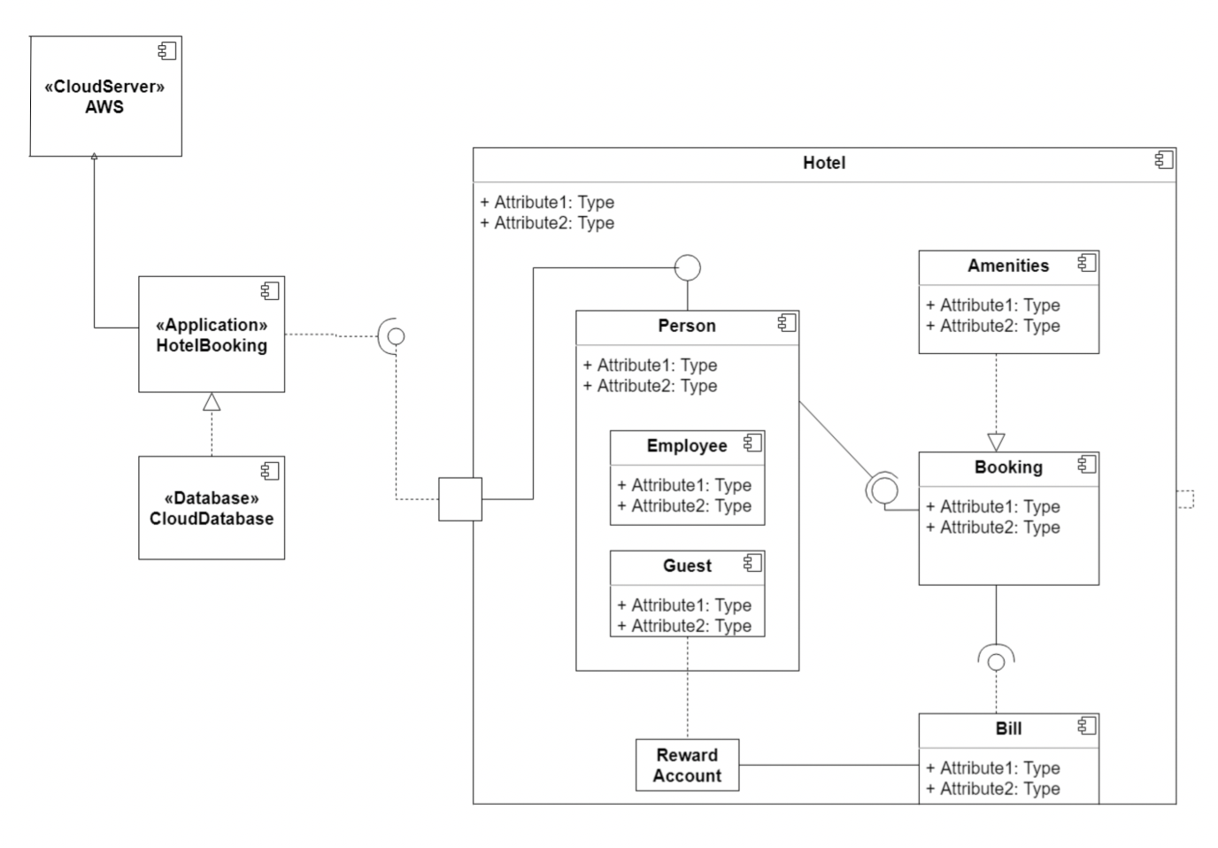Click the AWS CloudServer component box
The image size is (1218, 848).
[105, 96]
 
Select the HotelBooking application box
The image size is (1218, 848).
[212, 335]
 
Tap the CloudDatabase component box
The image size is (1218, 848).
[212, 508]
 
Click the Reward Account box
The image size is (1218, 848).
[687, 766]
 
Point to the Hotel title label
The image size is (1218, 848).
[823, 163]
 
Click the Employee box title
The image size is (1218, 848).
[686, 446]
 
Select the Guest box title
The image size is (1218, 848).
[687, 567]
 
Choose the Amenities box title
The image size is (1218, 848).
[1007, 266]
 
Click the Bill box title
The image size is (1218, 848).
[1008, 729]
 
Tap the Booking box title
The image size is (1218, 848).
[1008, 467]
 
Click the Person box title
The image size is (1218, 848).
[686, 326]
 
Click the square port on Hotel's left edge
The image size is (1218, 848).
[460, 499]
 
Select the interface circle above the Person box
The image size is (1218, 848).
[688, 267]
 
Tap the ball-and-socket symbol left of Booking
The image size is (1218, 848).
[883, 490]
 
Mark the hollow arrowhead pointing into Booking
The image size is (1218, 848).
[996, 442]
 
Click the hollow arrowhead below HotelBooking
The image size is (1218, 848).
[211, 402]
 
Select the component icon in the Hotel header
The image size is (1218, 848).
[1164, 160]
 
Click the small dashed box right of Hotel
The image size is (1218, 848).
[1185, 499]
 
